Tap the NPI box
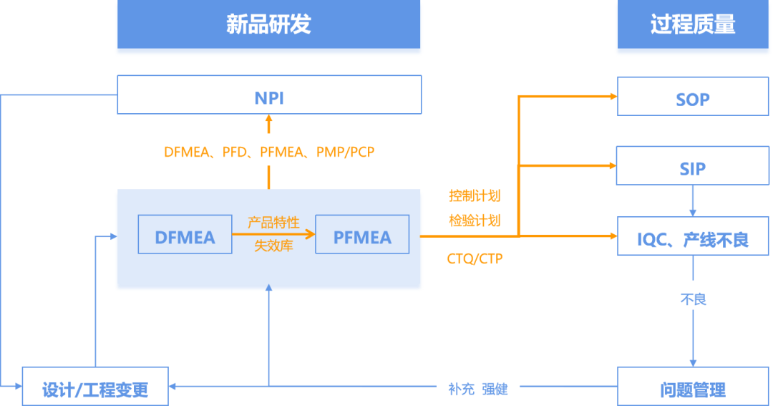269,95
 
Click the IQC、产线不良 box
692,236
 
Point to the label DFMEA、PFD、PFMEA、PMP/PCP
269,151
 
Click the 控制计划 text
474,195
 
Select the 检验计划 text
474,220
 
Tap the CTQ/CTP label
475,256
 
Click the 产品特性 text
273,222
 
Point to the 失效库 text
273,246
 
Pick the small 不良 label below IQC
693,298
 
